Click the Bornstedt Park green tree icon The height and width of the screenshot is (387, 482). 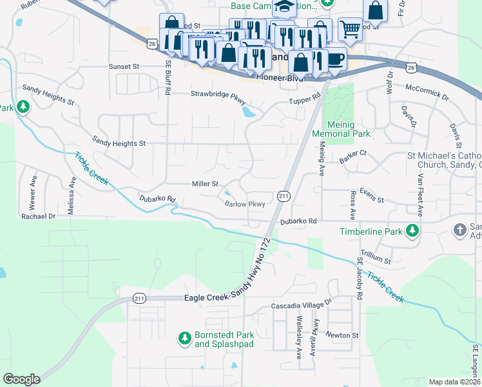(184, 337)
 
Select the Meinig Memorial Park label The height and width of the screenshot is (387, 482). (341, 129)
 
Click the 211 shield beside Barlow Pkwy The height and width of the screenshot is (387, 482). (284, 195)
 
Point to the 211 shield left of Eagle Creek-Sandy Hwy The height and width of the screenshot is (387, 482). (139, 298)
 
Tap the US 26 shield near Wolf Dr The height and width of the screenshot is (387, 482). (410, 66)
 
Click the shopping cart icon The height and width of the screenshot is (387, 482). (350, 28)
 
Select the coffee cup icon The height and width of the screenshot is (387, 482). (334, 59)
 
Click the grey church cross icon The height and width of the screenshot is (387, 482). (459, 230)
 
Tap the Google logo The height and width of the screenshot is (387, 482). (21, 379)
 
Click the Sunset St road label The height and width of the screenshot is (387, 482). (124, 66)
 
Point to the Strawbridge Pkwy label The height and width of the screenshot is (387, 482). (218, 94)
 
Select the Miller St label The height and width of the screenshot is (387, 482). (206, 184)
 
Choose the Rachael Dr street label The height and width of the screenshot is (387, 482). (38, 217)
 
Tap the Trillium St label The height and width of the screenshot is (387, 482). (376, 261)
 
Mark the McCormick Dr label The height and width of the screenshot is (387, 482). (426, 92)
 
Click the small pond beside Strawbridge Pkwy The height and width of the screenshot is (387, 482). (248, 114)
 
